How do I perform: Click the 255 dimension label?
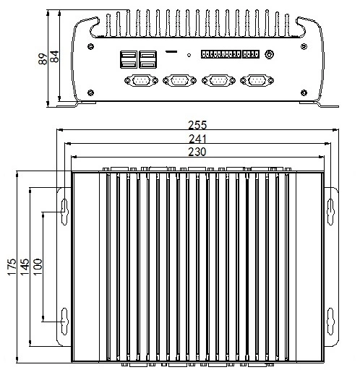click(x=197, y=125)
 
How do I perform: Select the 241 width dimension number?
click(x=197, y=139)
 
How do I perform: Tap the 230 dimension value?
click(x=197, y=152)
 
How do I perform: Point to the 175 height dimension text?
click(x=12, y=267)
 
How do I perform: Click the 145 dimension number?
click(x=25, y=267)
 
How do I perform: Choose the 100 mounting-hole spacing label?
click(x=38, y=267)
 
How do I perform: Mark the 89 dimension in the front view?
click(x=43, y=59)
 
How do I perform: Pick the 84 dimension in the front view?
click(x=55, y=56)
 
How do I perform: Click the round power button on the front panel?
click(x=269, y=54)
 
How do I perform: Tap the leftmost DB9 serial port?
click(x=141, y=80)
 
